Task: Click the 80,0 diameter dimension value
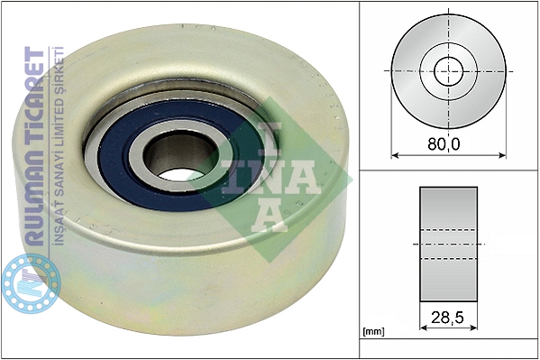coord(444,144)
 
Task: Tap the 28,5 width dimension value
coord(447,318)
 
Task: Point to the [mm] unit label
coord(373,332)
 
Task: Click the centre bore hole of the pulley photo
coord(179,157)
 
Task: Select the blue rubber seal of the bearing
coord(114,165)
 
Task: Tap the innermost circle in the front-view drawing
coord(449,71)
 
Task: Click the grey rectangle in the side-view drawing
coord(448,245)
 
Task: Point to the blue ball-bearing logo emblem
coord(31,283)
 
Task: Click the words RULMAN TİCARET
coord(34,146)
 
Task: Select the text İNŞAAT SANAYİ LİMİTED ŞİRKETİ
coord(59,146)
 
